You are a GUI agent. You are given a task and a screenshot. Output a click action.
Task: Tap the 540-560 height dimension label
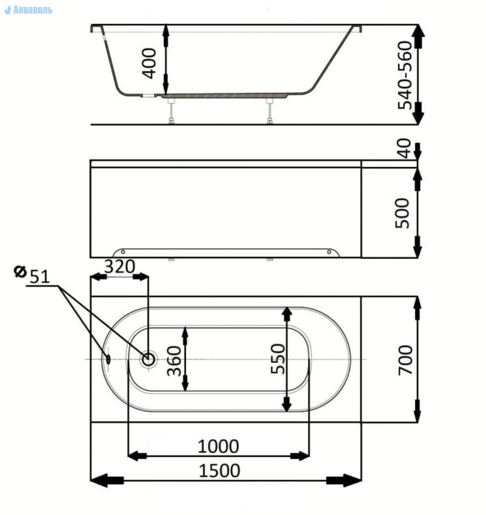(405, 75)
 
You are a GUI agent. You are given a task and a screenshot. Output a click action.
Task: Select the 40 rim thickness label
(404, 148)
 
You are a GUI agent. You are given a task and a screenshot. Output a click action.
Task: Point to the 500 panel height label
(402, 213)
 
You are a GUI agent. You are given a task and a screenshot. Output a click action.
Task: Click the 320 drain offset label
(119, 267)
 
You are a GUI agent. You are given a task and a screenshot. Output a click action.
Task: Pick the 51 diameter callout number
(40, 277)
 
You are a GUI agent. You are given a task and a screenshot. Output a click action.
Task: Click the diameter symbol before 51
(20, 272)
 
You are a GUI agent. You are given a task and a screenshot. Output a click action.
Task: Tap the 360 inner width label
(174, 361)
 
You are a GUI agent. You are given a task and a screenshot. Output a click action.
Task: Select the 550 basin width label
(278, 359)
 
